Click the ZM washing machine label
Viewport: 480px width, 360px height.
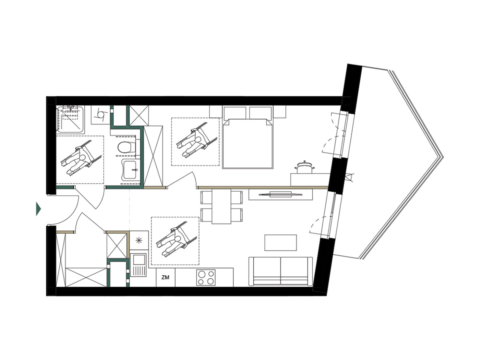pyautogui.click(x=165, y=277)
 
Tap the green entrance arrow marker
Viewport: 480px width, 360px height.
pyautogui.click(x=38, y=209)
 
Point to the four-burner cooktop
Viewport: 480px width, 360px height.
pyautogui.click(x=206, y=277)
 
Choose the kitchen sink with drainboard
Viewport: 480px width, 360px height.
pyautogui.click(x=138, y=265)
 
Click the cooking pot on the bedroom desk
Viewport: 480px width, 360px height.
pyautogui.click(x=304, y=168)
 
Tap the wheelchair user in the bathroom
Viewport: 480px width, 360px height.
pyautogui.click(x=81, y=158)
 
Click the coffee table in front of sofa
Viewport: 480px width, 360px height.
pyautogui.click(x=280, y=243)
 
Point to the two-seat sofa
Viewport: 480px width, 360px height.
pyautogui.click(x=280, y=271)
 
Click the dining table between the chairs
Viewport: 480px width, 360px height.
pyautogui.click(x=221, y=206)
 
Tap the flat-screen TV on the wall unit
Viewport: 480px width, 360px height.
pyautogui.click(x=280, y=194)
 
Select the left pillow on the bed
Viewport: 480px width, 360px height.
pyautogui.click(x=235, y=113)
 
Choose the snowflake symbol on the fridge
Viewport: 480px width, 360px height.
pyautogui.click(x=139, y=240)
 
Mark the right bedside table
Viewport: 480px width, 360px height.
pyautogui.click(x=279, y=111)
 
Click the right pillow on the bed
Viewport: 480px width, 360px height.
pyautogui.click(x=260, y=113)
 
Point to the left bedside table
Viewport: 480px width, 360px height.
pyautogui.click(x=216, y=111)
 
